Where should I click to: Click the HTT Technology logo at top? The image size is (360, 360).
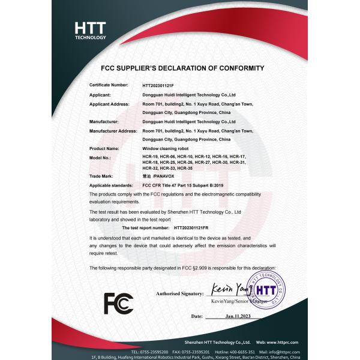coord(90,30)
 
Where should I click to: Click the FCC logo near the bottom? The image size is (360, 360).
coord(118,304)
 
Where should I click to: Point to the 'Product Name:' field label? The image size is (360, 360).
coord(104,148)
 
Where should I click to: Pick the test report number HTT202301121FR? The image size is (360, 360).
coord(199,229)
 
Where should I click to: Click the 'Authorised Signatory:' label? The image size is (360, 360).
coord(179,294)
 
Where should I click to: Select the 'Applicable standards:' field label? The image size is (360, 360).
coord(111,186)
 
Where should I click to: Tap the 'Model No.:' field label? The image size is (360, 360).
coord(100,157)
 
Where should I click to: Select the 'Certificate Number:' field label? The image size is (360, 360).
coord(109,86)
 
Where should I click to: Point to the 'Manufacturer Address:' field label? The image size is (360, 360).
coord(113,130)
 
